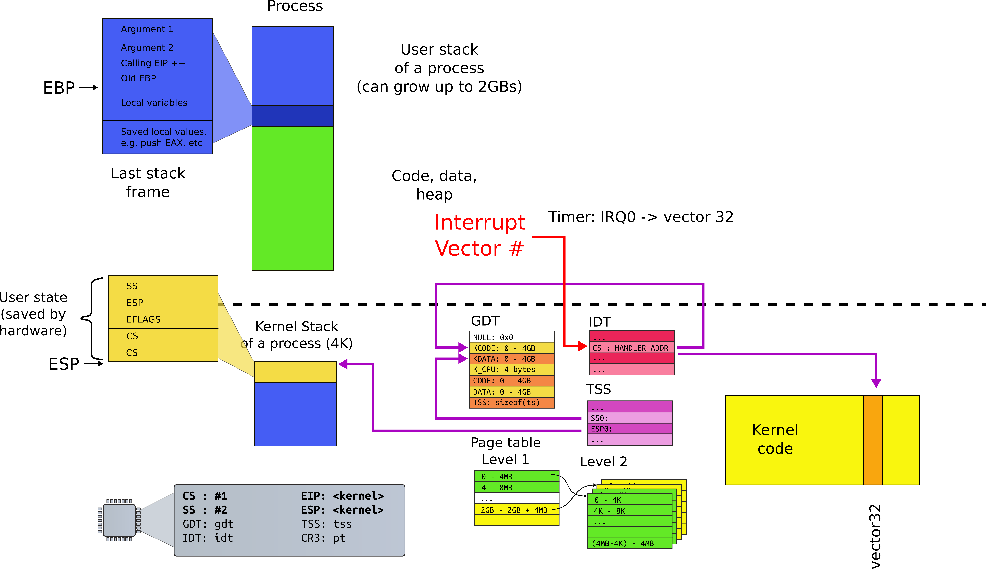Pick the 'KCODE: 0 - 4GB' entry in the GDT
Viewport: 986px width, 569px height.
[512, 348]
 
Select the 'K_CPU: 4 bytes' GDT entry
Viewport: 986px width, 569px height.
[512, 369]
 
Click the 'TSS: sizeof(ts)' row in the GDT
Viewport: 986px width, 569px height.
[512, 402]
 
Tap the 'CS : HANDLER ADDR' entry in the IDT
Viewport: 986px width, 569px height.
[631, 348]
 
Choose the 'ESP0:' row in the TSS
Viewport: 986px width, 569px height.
[629, 429]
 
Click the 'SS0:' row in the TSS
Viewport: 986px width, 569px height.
[629, 418]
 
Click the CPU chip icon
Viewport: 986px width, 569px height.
[119, 520]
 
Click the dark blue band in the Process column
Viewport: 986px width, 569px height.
[293, 116]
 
